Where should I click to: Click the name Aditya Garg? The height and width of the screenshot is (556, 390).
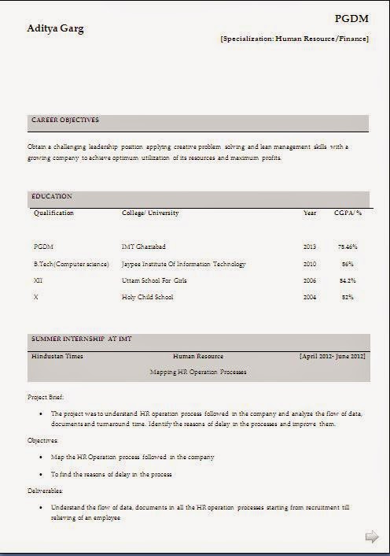(56, 28)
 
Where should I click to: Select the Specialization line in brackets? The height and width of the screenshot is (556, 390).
(295, 37)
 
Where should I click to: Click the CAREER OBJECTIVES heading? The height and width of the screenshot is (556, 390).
(65, 120)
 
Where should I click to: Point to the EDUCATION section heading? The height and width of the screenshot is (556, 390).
(52, 196)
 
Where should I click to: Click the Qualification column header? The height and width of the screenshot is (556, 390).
(53, 213)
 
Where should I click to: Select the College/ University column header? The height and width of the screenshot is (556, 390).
(150, 213)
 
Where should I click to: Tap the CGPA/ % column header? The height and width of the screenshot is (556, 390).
(348, 213)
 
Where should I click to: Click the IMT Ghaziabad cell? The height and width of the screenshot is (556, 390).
(144, 246)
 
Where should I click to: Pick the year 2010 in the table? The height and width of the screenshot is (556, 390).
(309, 264)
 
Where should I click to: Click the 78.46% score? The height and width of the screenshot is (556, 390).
(348, 246)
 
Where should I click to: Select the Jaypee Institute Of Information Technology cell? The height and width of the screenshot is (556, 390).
(184, 264)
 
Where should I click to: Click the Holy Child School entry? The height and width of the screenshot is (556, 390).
(148, 297)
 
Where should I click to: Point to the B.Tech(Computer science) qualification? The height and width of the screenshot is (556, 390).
(71, 264)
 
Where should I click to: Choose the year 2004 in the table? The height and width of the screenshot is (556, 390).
(309, 297)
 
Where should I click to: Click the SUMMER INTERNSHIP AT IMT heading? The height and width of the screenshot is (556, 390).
(82, 338)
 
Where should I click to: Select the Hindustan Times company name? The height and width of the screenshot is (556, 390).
(57, 356)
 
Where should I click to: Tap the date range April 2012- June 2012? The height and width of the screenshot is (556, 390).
(333, 356)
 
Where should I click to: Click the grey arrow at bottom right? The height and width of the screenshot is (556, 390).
(372, 537)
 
